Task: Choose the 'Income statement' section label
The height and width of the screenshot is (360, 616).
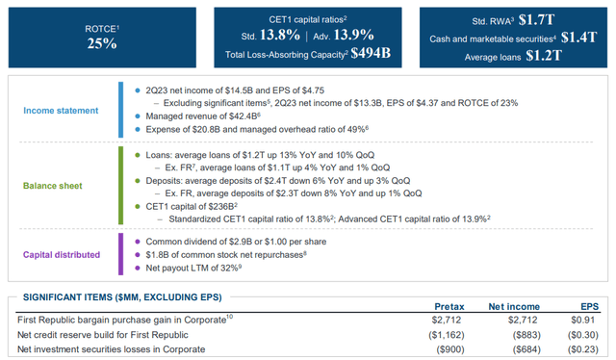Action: click(63, 111)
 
